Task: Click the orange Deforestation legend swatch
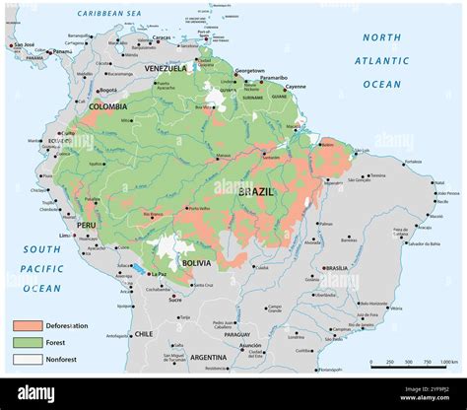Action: [x=28, y=325]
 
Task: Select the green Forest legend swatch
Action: [x=28, y=342]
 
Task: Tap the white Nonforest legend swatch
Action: [x=28, y=359]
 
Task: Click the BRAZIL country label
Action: [x=257, y=192]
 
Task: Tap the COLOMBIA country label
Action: [x=107, y=106]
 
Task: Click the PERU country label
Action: [x=87, y=225]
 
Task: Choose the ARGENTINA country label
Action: [x=209, y=356]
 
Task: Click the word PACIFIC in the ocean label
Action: [x=42, y=268]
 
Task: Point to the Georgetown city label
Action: [x=249, y=71]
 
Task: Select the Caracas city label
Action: [x=161, y=38]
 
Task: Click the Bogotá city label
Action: [x=107, y=90]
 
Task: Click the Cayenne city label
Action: [x=296, y=87]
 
